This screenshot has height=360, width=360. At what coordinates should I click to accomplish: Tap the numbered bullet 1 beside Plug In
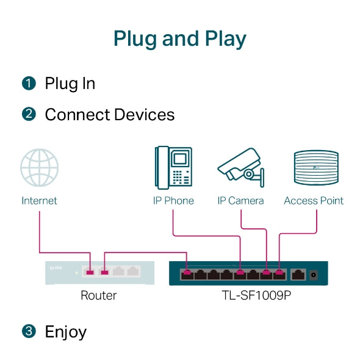coord(29,84)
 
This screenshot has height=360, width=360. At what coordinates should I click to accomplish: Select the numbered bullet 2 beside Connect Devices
coord(29,115)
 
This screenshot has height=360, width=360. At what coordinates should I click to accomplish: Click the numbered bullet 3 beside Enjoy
coord(29,332)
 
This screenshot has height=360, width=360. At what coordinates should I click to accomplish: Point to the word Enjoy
coord(66,333)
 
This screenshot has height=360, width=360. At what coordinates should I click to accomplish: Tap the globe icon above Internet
coord(40,168)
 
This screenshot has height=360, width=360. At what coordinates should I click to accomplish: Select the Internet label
coord(40,201)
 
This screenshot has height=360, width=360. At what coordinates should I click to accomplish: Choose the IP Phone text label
coord(173,201)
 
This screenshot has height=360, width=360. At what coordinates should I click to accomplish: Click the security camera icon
coord(241,168)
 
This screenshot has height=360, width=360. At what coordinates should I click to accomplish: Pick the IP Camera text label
coord(241,201)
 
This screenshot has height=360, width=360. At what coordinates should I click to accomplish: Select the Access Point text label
coord(314,201)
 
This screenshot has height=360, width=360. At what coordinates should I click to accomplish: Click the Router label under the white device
coord(98,296)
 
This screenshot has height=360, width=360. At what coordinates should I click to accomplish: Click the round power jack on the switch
coord(315,275)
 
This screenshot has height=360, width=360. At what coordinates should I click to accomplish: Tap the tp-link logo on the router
coord(57,267)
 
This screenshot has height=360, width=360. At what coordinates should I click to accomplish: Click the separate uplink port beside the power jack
coord(298,274)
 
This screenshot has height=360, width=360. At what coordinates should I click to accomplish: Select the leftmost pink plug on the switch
coord(187,272)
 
